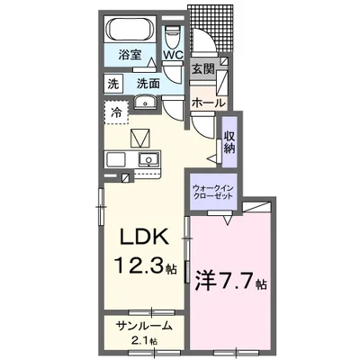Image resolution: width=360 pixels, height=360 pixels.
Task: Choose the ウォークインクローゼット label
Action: click(x=213, y=193)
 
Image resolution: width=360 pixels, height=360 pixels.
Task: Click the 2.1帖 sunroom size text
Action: click(x=144, y=341)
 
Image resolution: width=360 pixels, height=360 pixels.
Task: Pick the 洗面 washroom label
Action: click(x=149, y=84)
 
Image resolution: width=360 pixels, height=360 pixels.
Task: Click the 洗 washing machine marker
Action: click(x=114, y=84)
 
